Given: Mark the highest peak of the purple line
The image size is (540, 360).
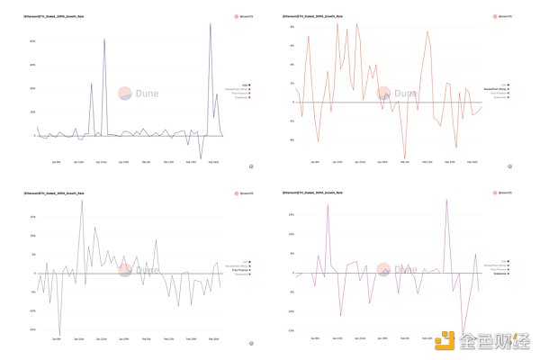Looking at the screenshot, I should [211, 24].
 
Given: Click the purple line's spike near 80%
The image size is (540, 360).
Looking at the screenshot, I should [104, 40].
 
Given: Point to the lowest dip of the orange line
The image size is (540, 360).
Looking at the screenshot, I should [404, 158].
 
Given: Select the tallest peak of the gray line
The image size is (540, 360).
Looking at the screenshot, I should [82, 200].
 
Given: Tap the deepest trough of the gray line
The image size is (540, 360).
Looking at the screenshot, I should [60, 334].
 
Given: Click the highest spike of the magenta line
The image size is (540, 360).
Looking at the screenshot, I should [446, 200].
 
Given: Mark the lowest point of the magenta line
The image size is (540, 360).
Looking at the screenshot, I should [463, 334].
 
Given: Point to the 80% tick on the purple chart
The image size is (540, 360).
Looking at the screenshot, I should [32, 40].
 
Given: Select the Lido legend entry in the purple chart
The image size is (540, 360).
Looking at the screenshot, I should [245, 84].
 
